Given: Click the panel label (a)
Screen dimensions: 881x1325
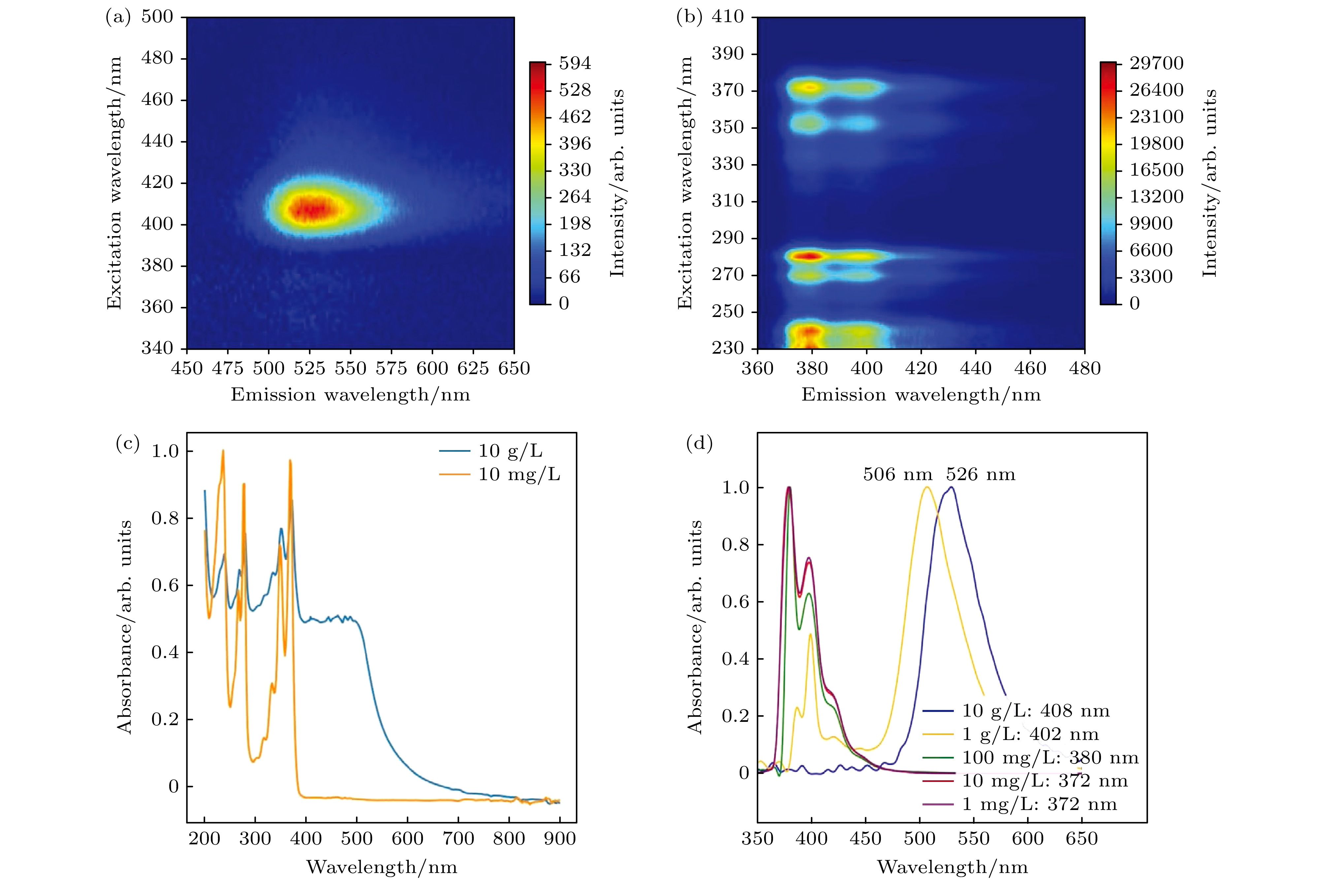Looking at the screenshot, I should [117, 18].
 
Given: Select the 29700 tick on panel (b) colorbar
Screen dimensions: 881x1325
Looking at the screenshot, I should [1156, 63].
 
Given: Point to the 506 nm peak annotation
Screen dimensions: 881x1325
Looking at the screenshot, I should [897, 475].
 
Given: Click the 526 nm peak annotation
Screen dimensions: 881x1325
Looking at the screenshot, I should [980, 475].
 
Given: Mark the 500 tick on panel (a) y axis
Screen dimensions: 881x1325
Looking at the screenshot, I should [157, 17].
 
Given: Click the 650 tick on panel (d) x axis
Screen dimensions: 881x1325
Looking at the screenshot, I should [1081, 839].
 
